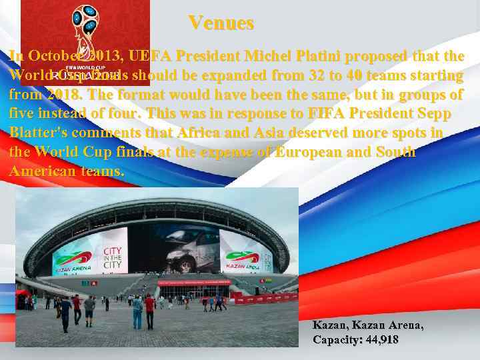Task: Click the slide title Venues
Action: click(x=221, y=23)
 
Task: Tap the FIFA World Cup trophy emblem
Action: click(x=85, y=30)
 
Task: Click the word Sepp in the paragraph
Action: click(x=426, y=113)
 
